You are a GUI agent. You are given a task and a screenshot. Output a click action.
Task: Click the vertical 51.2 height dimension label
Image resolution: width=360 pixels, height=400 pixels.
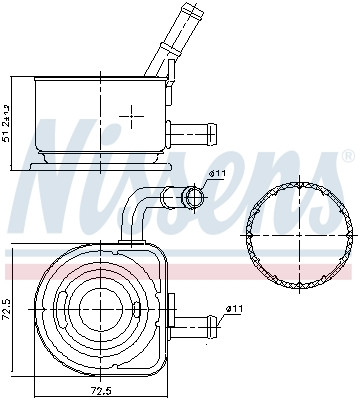tap(6, 123)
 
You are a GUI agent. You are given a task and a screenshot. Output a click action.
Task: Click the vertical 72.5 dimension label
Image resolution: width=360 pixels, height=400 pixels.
tap(6, 309)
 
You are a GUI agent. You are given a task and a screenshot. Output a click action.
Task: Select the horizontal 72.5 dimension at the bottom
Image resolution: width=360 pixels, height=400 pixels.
tap(100, 389)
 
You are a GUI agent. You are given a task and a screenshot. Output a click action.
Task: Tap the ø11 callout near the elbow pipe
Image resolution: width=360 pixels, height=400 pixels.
tap(217, 174)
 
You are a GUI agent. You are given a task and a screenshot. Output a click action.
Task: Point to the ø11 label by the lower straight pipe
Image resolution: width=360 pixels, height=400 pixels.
tap(234, 309)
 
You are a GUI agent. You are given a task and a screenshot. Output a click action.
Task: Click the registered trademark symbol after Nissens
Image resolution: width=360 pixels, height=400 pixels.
tap(348, 156)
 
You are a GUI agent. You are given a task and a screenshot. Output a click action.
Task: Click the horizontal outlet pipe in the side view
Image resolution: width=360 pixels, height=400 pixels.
tap(191, 134)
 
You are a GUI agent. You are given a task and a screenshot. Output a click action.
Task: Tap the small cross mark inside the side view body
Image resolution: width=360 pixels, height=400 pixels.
tap(131, 116)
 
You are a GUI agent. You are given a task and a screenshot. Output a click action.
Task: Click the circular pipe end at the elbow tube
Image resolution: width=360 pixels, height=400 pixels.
tap(195, 197)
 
